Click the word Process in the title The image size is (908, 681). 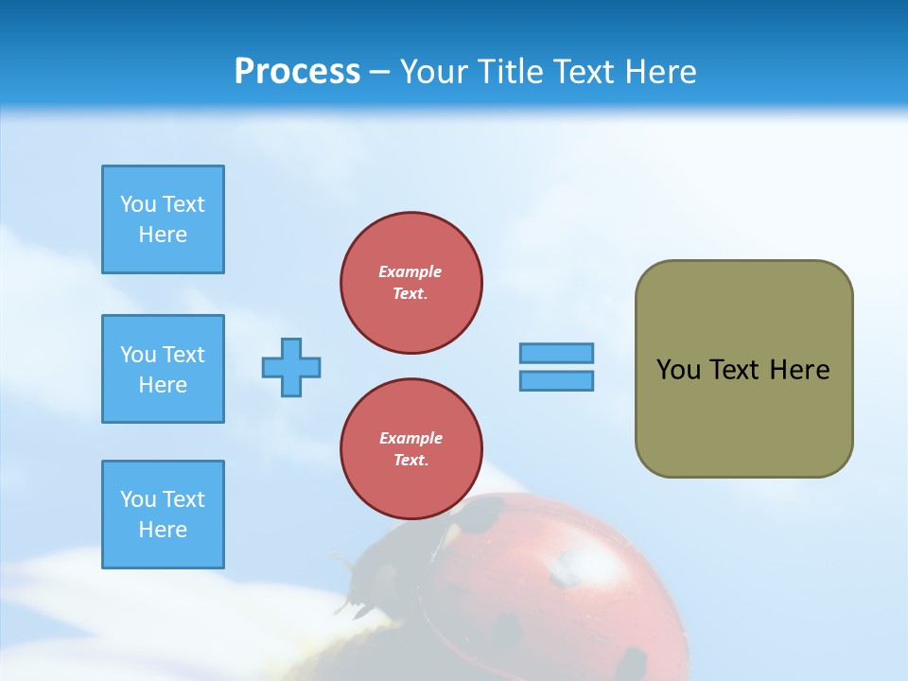pyautogui.click(x=297, y=72)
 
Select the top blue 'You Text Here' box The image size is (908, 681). pyautogui.click(x=163, y=219)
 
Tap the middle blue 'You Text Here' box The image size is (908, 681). pyautogui.click(x=163, y=369)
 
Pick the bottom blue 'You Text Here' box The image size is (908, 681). pyautogui.click(x=163, y=515)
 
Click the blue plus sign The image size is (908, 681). pyautogui.click(x=291, y=367)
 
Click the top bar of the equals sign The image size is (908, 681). pyautogui.click(x=556, y=353)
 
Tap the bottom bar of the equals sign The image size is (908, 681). pyautogui.click(x=556, y=380)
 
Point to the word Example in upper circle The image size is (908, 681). pyautogui.click(x=410, y=271)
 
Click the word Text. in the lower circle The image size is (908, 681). pyautogui.click(x=410, y=460)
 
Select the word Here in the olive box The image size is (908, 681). pyautogui.click(x=799, y=370)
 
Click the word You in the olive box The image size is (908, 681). pyautogui.click(x=677, y=370)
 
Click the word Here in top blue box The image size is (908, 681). pyautogui.click(x=163, y=235)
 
